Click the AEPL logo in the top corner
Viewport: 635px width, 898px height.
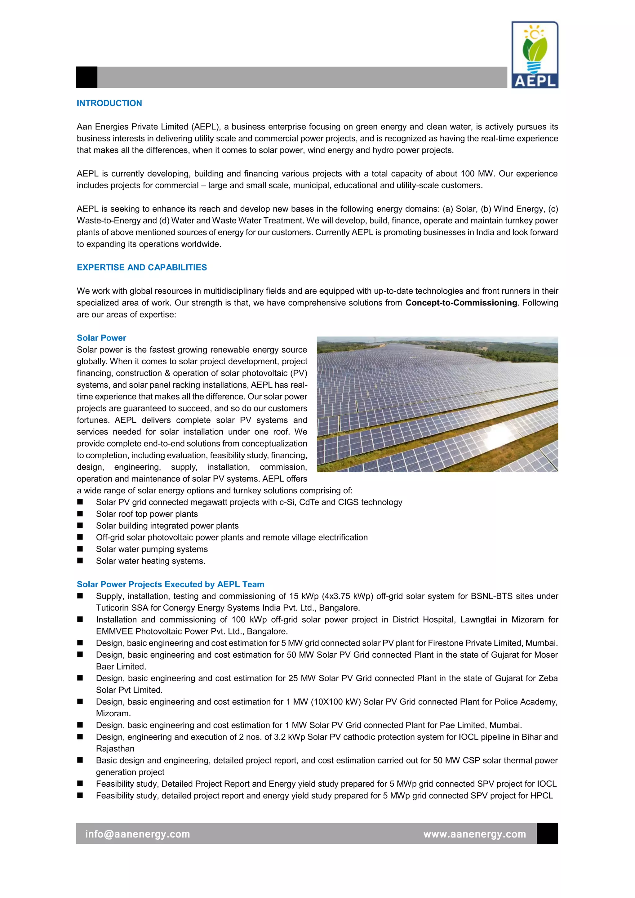pos(535,55)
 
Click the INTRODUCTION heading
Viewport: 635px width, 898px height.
pos(109,103)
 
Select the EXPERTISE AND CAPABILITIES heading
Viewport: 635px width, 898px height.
pos(142,268)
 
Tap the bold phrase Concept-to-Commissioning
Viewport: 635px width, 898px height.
pos(461,303)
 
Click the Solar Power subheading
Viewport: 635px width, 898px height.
pos(101,338)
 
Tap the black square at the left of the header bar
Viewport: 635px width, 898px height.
pos(87,77)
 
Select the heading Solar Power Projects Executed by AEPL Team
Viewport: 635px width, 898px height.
pos(170,584)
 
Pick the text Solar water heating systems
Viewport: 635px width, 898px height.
pos(151,561)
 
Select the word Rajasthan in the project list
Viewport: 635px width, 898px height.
pos(115,749)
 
